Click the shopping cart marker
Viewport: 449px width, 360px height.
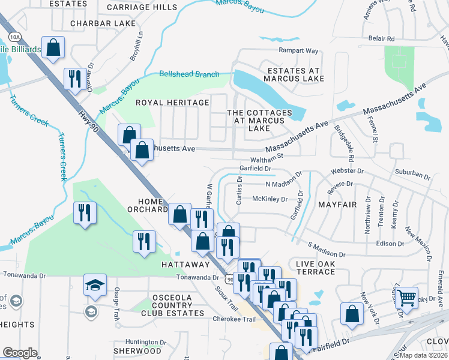(x=407, y=297)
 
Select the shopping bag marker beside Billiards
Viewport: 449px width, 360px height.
(x=53, y=47)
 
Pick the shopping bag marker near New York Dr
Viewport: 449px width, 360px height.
(x=352, y=313)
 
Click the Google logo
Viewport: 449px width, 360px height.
(x=20, y=353)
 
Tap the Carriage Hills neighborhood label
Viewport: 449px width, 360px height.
(x=142, y=7)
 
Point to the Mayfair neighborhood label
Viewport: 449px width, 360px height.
(x=339, y=205)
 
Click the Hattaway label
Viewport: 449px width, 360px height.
(x=185, y=264)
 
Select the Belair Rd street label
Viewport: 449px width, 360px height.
(x=381, y=38)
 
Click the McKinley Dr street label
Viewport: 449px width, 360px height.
(x=270, y=199)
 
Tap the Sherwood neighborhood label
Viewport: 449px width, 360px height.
(x=137, y=351)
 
